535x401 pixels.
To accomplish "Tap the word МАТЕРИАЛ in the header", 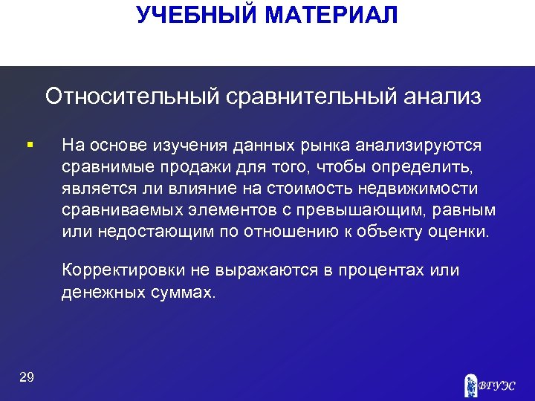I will [x=331, y=15].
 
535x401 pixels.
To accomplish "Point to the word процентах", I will [x=379, y=270].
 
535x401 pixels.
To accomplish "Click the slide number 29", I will [x=27, y=378].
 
